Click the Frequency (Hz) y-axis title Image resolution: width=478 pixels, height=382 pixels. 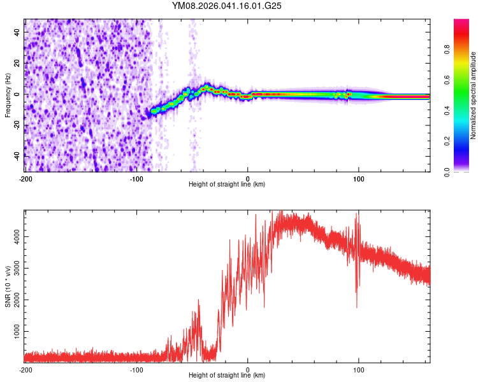(8, 94)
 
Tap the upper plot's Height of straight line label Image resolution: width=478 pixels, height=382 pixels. (227, 184)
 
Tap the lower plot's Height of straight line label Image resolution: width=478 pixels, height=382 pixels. (227, 375)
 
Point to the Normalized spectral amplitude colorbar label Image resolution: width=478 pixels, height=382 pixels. (474, 95)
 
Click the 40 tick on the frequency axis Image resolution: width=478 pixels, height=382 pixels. (18, 32)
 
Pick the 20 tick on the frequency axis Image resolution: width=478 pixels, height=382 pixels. (18, 63)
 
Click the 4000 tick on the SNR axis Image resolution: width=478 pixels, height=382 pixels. (15, 236)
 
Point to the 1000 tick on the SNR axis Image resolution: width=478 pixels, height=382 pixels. (15, 332)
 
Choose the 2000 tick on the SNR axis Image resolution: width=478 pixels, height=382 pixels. (15, 300)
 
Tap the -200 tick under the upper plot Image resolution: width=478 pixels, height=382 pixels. (25, 178)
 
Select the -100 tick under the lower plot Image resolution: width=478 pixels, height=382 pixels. (136, 369)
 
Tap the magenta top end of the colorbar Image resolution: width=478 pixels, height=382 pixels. (461, 22)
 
